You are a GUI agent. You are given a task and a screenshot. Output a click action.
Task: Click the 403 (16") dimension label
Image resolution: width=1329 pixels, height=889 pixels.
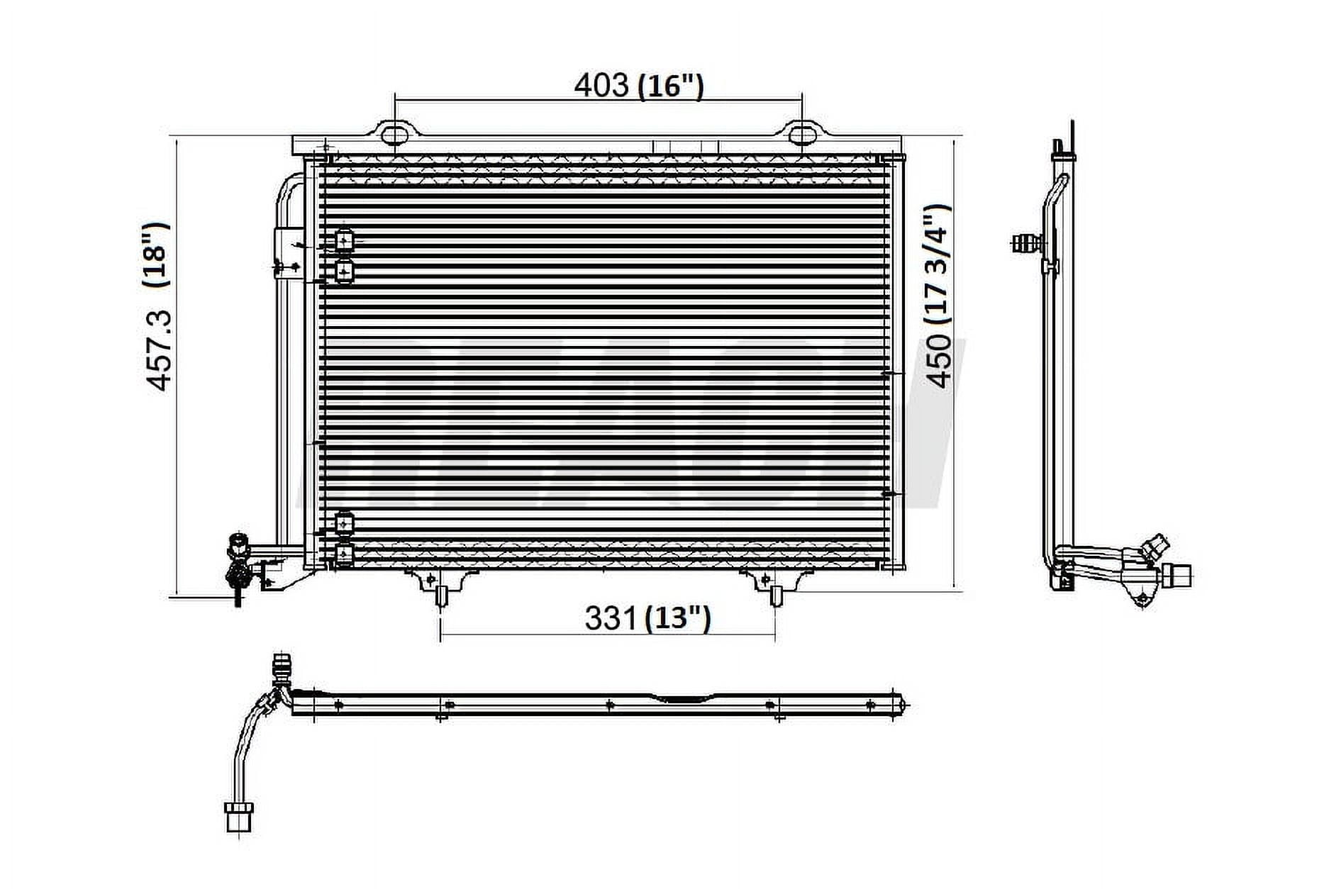(638, 86)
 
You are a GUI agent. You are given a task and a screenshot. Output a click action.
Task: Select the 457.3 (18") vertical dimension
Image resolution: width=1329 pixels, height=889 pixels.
(158, 306)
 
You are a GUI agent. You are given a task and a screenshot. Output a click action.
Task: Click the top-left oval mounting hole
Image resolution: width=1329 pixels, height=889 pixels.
(394, 134)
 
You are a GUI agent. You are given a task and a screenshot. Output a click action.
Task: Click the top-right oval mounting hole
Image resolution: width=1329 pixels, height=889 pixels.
(801, 133)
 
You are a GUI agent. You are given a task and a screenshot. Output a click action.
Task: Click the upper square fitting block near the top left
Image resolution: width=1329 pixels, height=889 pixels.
(344, 242)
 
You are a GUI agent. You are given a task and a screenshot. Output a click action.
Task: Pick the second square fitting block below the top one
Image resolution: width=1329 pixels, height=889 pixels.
(344, 271)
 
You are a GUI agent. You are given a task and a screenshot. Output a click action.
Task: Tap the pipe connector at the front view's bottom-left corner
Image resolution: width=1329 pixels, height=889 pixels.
(238, 564)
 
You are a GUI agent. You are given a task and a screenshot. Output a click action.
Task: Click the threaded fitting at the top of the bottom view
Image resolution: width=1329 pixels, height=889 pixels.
(282, 666)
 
